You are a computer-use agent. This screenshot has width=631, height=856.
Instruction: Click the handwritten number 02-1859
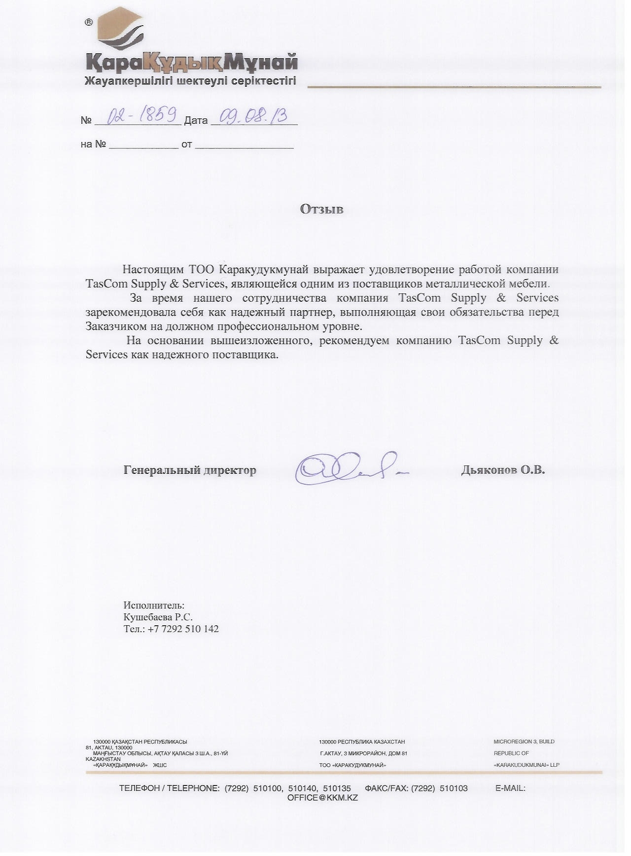[x=143, y=116]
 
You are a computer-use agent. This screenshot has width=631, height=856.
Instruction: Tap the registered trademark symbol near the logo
[x=89, y=22]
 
